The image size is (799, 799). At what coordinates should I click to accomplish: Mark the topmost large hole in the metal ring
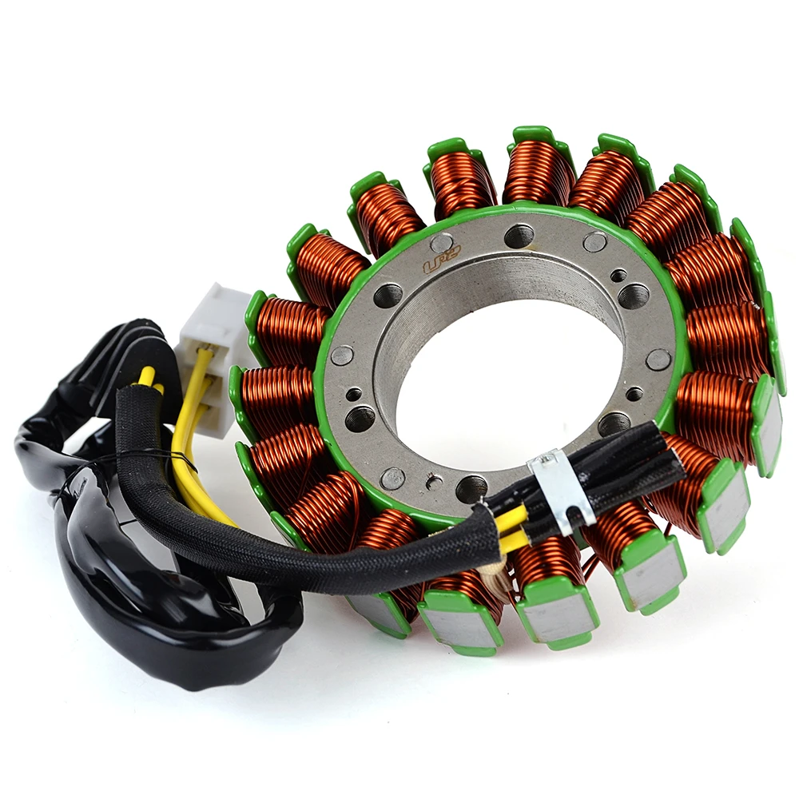519,235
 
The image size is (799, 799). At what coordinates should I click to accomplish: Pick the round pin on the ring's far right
658,359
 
